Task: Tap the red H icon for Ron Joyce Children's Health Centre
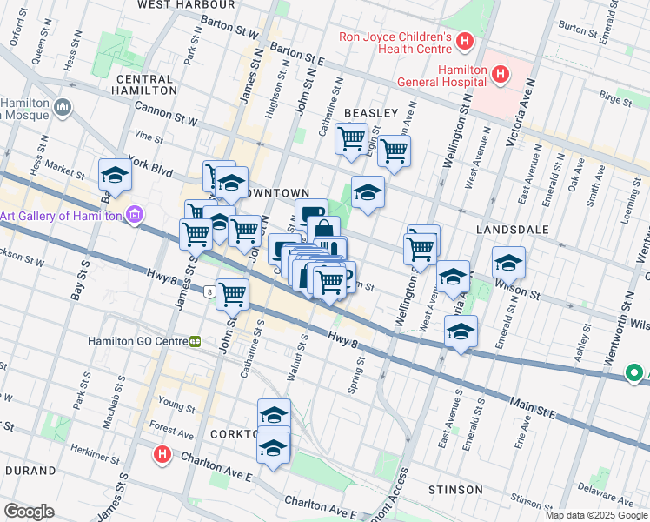click(x=465, y=41)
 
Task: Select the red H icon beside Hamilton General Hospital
click(x=500, y=75)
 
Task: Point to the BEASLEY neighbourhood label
click(x=371, y=113)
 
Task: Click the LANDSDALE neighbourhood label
click(x=513, y=230)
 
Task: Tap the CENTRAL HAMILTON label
click(x=146, y=84)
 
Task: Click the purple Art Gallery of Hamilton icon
click(x=134, y=215)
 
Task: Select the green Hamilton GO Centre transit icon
click(x=196, y=341)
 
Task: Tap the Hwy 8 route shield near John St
click(x=209, y=293)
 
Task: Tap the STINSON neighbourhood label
click(x=454, y=490)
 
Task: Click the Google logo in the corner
click(x=30, y=511)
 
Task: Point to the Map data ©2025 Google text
click(x=595, y=515)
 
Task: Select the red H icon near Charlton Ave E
click(x=161, y=453)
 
